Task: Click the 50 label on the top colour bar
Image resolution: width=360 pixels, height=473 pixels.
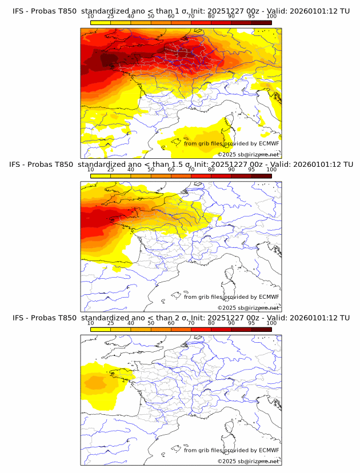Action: coord(151,17)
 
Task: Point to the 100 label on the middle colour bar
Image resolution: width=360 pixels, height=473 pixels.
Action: coord(271,170)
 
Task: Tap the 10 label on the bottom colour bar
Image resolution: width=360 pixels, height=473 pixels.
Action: coord(91,323)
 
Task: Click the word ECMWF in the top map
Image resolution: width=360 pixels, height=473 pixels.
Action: coord(269,143)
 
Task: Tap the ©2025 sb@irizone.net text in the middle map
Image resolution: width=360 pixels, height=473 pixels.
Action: coord(249,308)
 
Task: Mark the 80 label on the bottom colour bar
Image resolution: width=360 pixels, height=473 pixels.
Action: coord(211,323)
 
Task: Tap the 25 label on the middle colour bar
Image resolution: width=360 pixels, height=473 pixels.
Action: coord(111,170)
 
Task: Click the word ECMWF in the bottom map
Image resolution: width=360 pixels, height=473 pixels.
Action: coord(269,450)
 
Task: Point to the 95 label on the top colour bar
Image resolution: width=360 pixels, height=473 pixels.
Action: coord(251,17)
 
